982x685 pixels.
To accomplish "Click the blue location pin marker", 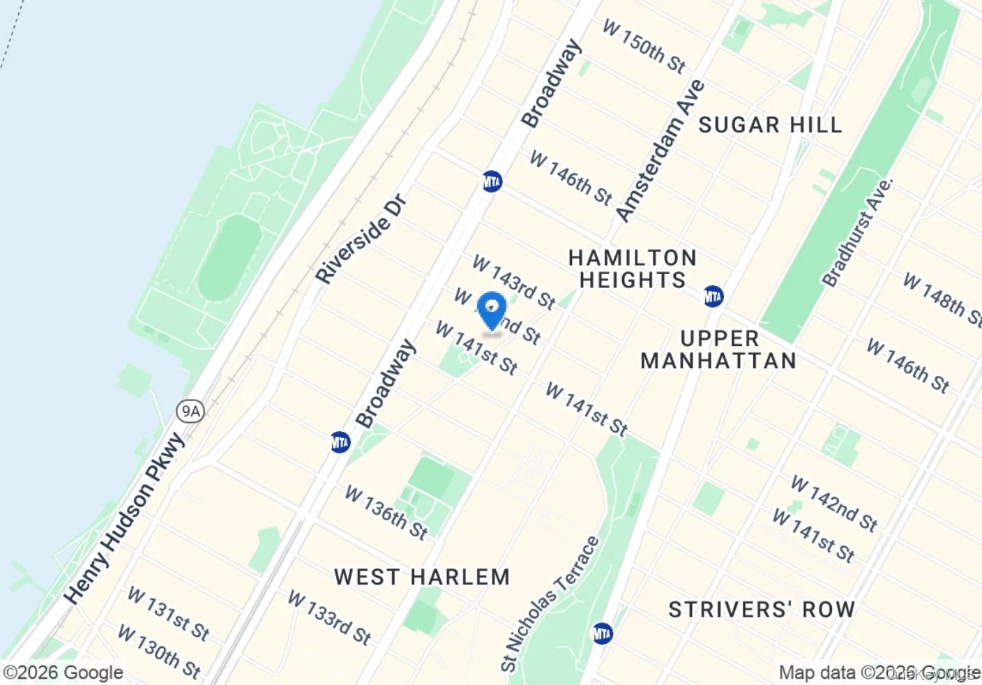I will tap(492, 310).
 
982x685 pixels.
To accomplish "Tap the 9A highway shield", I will tap(190, 411).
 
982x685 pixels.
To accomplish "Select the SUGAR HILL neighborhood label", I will tap(770, 126).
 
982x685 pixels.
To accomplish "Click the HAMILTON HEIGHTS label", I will tap(633, 269).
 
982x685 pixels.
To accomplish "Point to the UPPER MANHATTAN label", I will tap(718, 350).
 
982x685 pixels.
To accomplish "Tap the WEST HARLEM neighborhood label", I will tap(422, 578).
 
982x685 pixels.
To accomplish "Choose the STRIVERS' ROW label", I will tap(762, 610).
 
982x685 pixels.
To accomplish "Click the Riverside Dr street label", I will tap(361, 239).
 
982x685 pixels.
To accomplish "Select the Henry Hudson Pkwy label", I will tap(126, 518).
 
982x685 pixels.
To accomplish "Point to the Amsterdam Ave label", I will tap(660, 151).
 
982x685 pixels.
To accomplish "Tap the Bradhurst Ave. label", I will tap(857, 233).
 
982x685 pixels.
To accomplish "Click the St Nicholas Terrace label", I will tap(550, 603).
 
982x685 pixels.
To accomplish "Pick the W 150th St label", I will tap(644, 47).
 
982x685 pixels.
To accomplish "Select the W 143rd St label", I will tap(513, 282).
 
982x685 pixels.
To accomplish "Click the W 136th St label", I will tap(386, 513).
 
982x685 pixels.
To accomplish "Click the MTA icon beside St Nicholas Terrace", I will tap(602, 633).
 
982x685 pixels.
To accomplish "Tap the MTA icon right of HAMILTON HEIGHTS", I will tap(713, 296).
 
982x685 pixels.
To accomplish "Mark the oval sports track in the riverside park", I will tap(229, 257).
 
